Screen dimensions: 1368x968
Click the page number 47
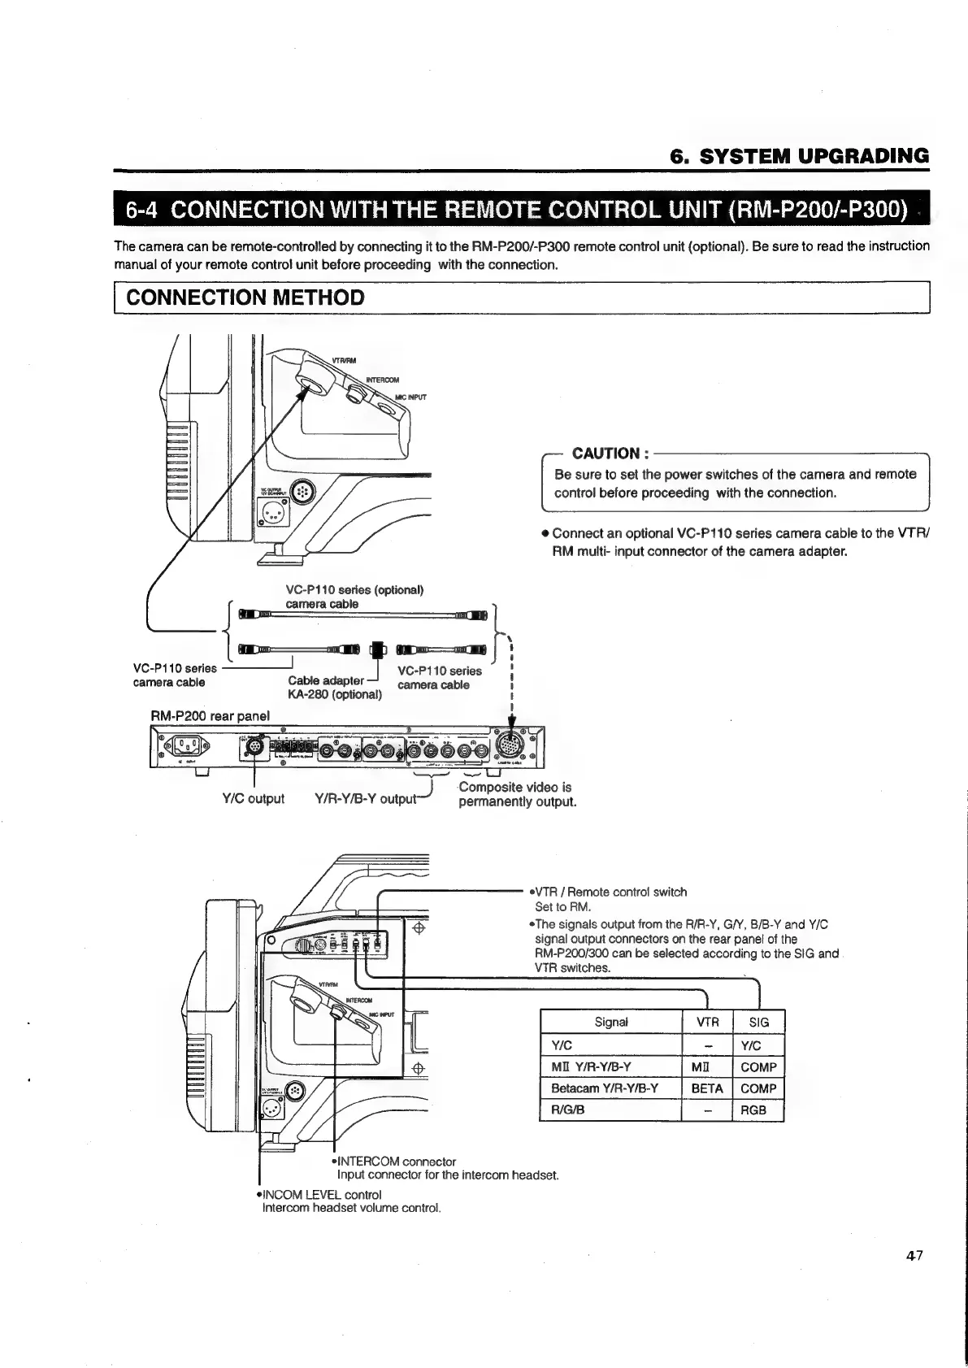click(916, 1256)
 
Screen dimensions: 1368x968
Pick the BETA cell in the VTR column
click(706, 1088)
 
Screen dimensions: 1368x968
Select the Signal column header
click(611, 1023)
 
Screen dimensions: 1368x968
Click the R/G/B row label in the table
click(569, 1110)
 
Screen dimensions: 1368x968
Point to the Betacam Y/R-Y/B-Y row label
click(605, 1088)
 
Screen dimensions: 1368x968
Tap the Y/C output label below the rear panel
click(253, 799)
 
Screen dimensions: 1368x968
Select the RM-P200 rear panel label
click(211, 716)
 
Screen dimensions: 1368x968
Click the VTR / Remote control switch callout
click(610, 892)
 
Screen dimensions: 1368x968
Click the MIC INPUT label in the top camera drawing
click(410, 397)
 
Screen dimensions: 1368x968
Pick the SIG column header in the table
click(758, 1023)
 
